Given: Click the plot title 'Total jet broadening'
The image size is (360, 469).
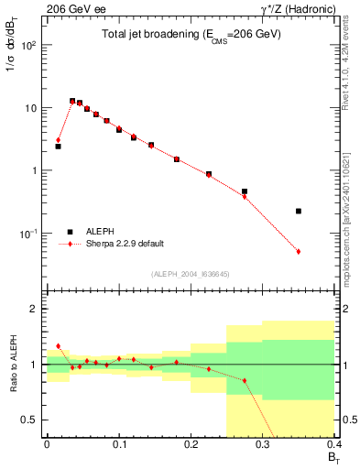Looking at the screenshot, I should tap(191, 34).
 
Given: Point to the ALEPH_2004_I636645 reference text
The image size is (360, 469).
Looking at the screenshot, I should tap(190, 274).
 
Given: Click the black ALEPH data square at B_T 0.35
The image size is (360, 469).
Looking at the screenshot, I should tap(299, 211).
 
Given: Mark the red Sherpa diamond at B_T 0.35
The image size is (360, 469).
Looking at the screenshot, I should tap(299, 251).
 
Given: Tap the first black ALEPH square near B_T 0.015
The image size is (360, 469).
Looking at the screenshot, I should tap(58, 146).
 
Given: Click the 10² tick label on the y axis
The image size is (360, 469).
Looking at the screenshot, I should tap(29, 45).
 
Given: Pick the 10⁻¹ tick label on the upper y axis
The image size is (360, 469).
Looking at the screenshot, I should tap(28, 234).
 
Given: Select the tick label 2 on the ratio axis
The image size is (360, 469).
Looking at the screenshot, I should tap(35, 309).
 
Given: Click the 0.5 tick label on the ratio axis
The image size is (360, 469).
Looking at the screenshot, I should tap(31, 420).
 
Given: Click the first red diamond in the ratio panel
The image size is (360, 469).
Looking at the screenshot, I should tap(58, 346).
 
